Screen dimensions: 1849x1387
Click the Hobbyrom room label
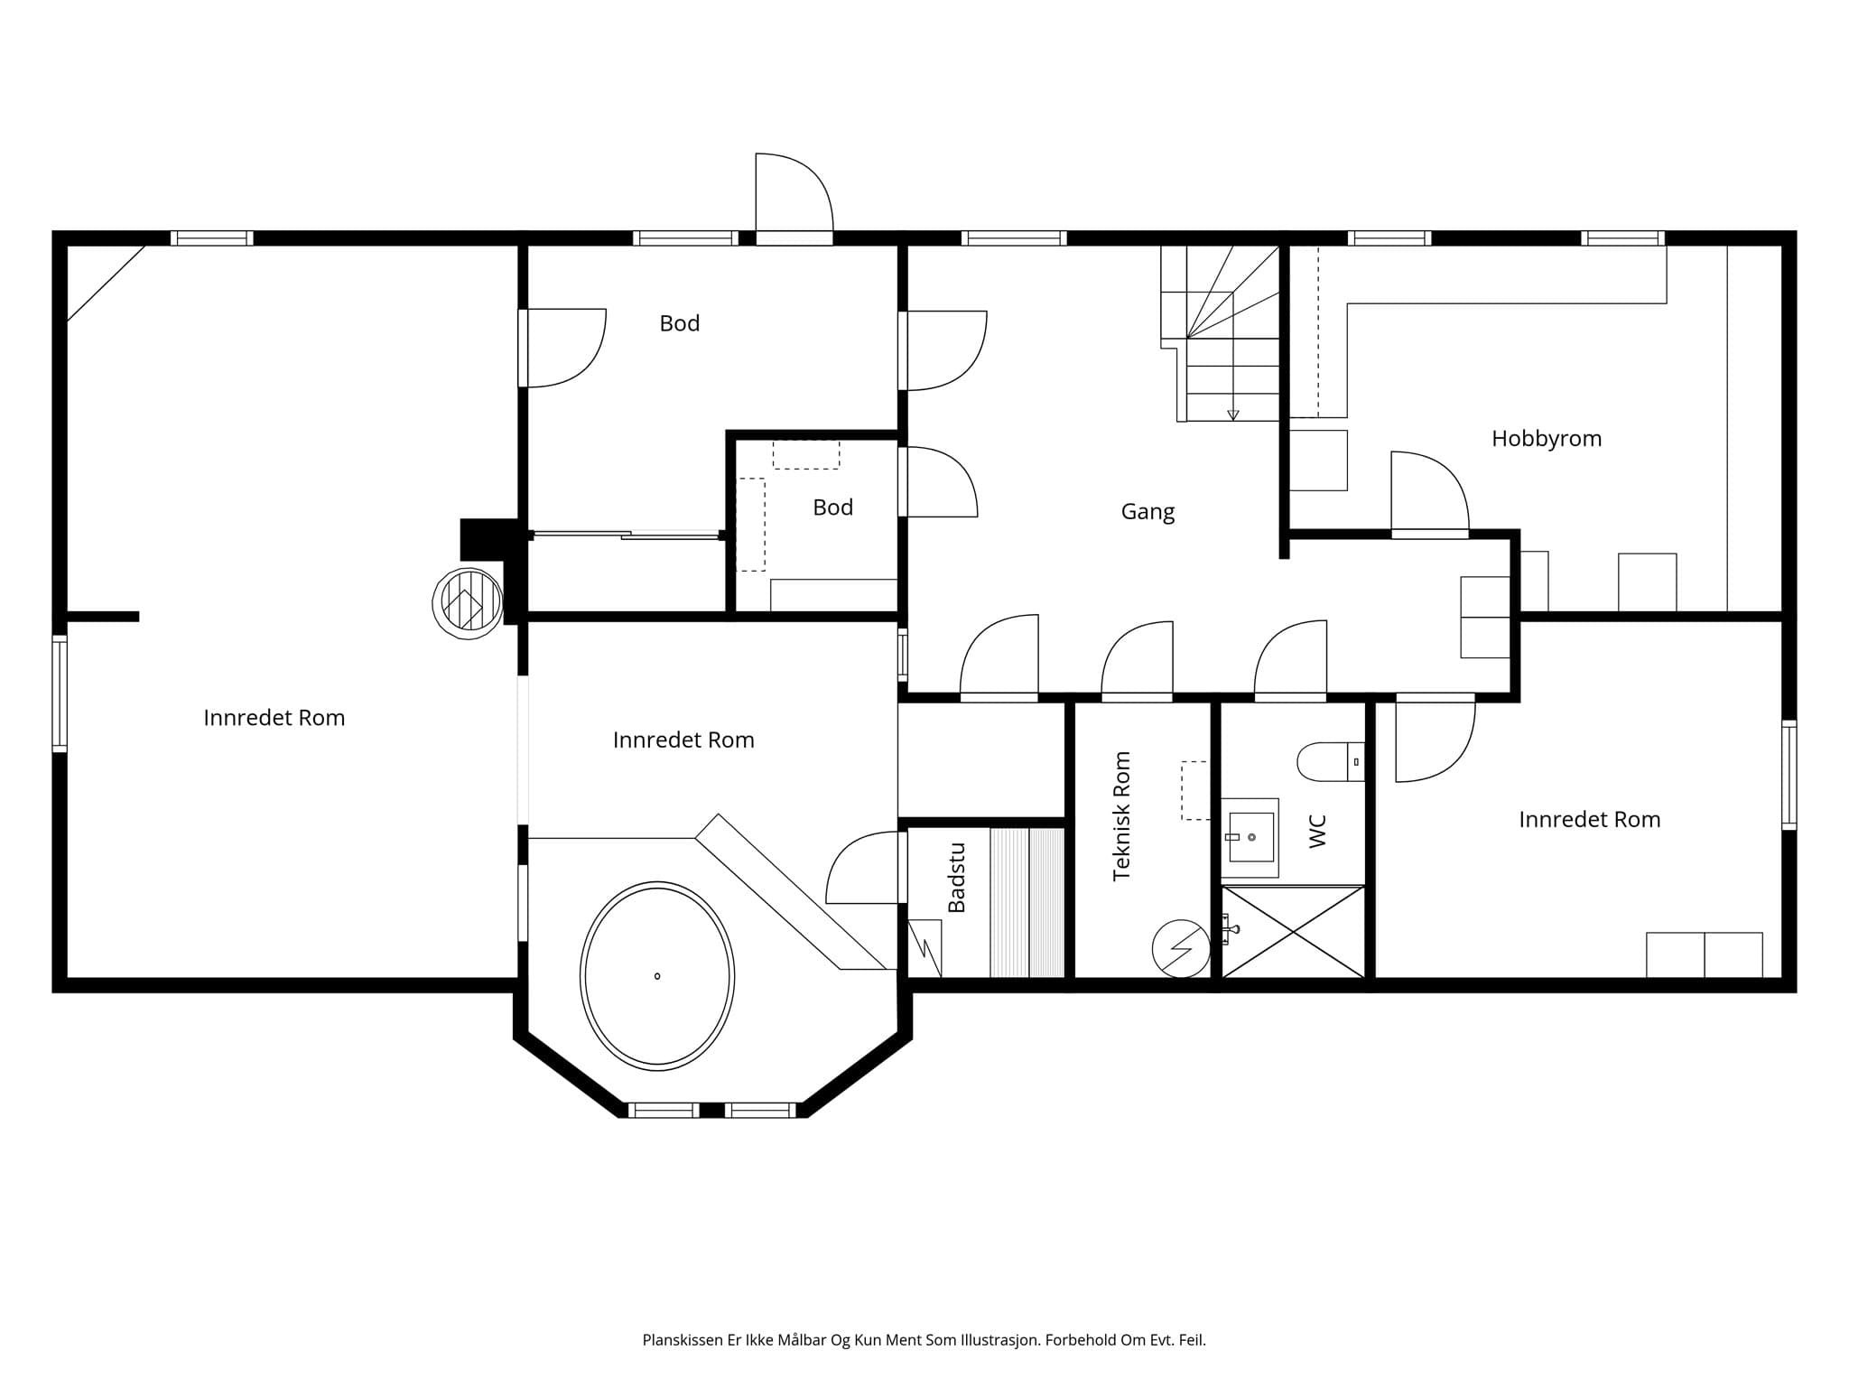point(1547,439)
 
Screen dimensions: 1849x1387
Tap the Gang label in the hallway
point(1147,512)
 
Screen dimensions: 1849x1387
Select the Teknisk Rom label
point(1121,816)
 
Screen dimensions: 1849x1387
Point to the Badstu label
point(956,878)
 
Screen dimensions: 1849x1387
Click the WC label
point(1317,832)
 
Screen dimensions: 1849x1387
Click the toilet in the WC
point(1331,762)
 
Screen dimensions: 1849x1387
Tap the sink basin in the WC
point(1250,837)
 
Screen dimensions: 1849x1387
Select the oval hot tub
point(657,976)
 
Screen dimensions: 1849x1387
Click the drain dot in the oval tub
point(657,976)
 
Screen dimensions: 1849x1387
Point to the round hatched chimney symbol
point(468,604)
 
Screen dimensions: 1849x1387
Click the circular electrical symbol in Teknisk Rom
point(1181,948)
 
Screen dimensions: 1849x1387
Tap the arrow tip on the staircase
point(1233,418)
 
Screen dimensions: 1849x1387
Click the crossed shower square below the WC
point(1293,931)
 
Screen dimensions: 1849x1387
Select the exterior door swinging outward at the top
point(794,199)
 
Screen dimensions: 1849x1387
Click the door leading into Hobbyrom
point(1430,495)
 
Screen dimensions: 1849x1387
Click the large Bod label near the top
point(680,323)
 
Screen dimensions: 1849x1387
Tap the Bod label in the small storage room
point(832,507)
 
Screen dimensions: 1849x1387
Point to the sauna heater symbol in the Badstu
point(924,948)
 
